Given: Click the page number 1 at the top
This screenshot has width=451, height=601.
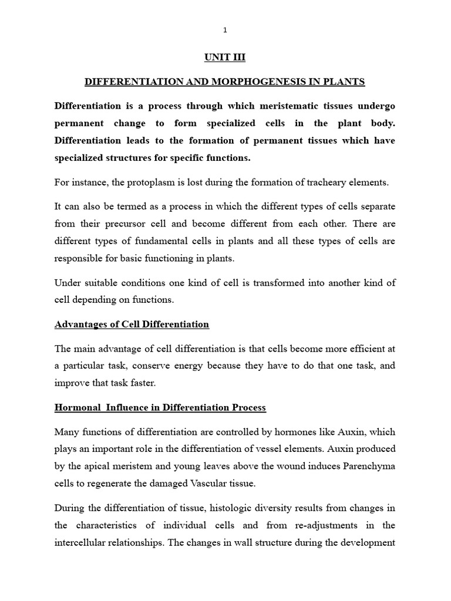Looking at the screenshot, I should pyautogui.click(x=225, y=30).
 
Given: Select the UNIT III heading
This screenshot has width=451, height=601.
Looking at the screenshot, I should pyautogui.click(x=225, y=57).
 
